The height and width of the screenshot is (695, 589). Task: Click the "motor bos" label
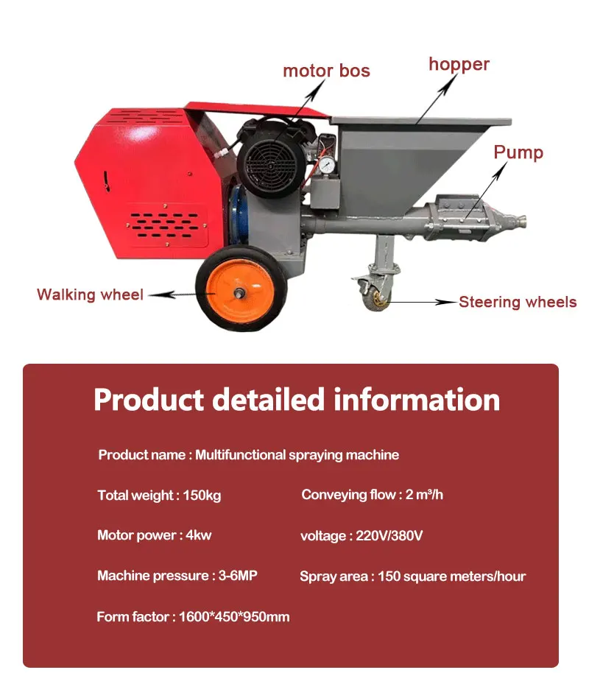(x=326, y=71)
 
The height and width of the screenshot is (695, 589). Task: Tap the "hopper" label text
(x=459, y=64)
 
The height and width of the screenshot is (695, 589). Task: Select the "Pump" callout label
(x=518, y=152)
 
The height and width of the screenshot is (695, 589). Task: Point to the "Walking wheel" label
(x=90, y=294)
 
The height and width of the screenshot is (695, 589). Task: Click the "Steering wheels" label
(x=518, y=302)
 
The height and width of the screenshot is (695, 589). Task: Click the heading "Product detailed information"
(x=297, y=400)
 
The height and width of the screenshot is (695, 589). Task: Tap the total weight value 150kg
(x=202, y=495)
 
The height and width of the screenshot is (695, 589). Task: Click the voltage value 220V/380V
(x=389, y=535)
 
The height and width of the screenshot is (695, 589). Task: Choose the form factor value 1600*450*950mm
(x=234, y=617)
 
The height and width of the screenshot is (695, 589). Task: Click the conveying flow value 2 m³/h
(x=424, y=495)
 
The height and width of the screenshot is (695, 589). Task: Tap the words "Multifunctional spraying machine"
(x=297, y=455)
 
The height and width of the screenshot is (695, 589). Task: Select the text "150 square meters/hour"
(x=451, y=576)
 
